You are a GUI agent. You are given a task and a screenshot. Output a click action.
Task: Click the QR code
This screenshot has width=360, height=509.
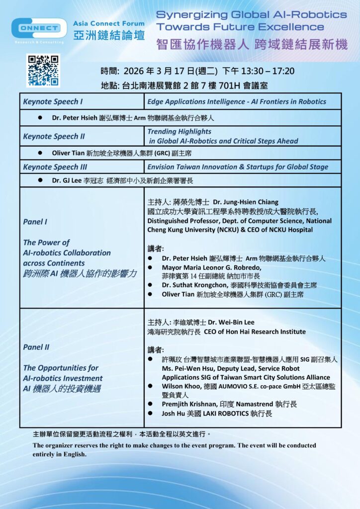pos(43,71)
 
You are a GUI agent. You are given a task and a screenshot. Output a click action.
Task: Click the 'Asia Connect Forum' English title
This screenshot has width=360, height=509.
pos(109,23)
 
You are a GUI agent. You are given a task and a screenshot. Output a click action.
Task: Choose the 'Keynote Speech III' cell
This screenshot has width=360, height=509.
pos(55,167)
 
